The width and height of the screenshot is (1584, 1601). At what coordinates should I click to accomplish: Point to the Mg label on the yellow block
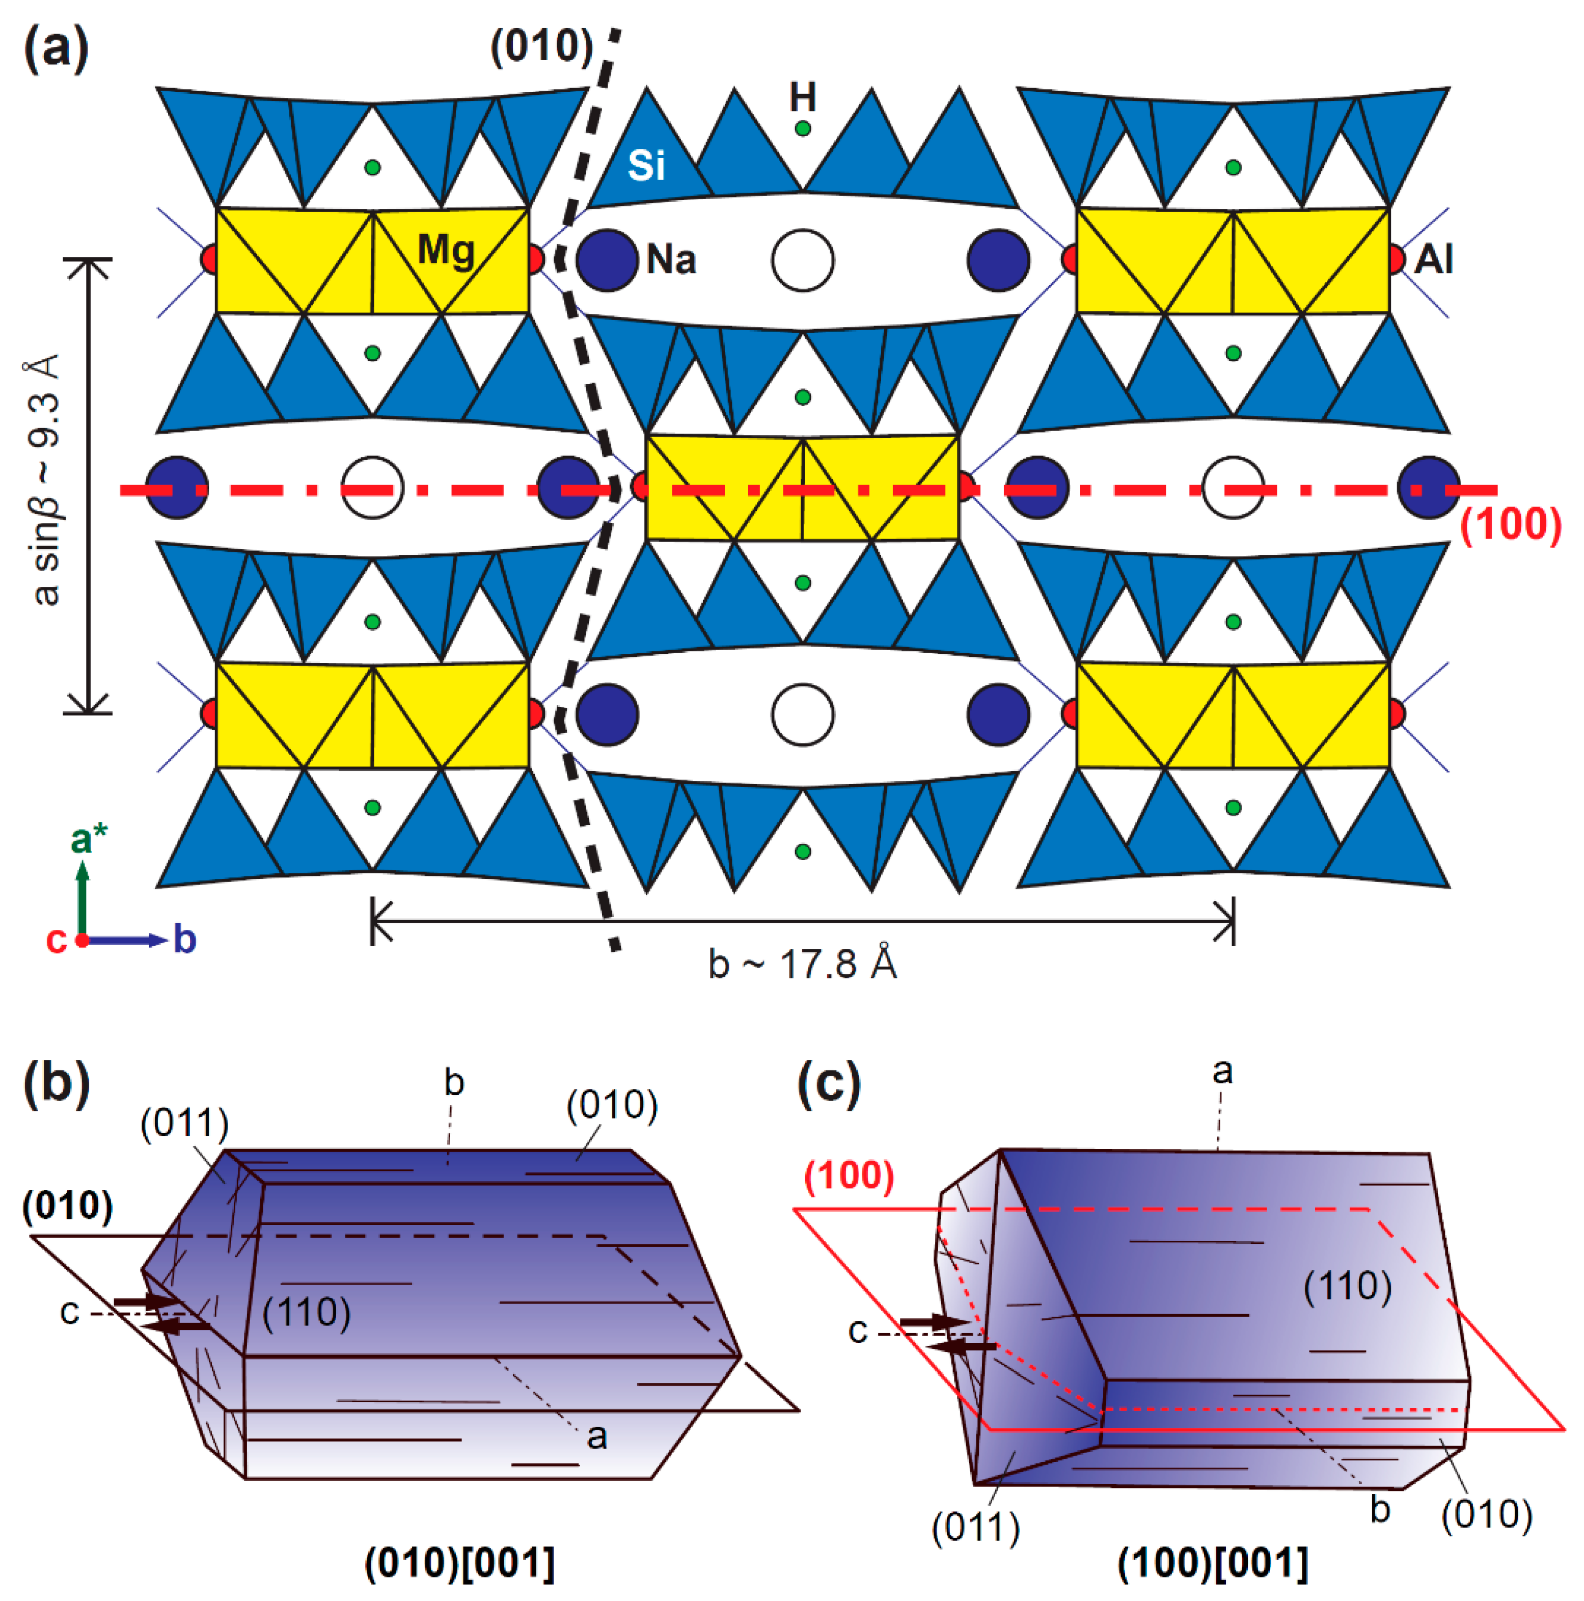(446, 250)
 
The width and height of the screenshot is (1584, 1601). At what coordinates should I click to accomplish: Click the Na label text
(671, 260)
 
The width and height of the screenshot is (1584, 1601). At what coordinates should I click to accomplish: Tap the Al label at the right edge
(1433, 259)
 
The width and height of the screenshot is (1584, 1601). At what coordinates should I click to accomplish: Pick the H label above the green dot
(802, 98)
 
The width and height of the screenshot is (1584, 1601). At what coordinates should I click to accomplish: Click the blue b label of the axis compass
(184, 940)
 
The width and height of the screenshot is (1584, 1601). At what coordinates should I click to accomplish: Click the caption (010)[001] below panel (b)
(460, 1564)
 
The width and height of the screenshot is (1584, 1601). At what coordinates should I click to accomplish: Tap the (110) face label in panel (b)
(307, 1313)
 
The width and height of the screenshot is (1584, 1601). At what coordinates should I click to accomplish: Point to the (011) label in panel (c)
(976, 1527)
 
